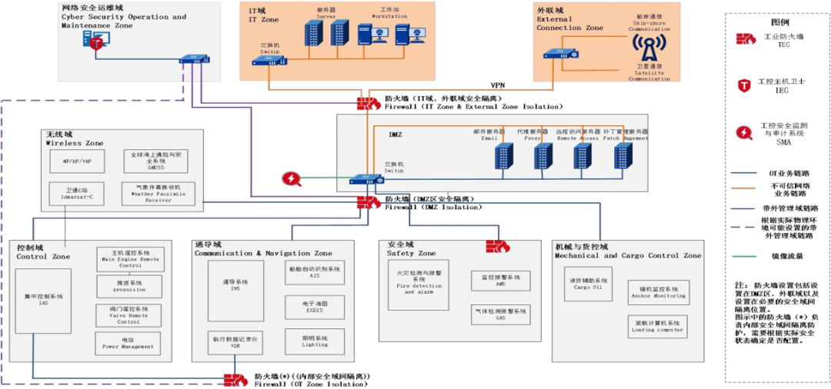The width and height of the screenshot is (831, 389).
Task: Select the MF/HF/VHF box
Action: [x=77, y=161]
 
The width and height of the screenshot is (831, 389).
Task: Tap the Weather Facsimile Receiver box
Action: [x=159, y=192]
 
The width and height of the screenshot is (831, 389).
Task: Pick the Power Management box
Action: [x=127, y=343]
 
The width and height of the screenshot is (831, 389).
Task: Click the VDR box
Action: [x=235, y=341]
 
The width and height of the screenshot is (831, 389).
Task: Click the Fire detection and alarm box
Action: [x=419, y=282]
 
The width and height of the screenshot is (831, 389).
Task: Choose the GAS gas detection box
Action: [x=501, y=314]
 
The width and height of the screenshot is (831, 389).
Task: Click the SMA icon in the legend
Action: [x=745, y=132]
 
